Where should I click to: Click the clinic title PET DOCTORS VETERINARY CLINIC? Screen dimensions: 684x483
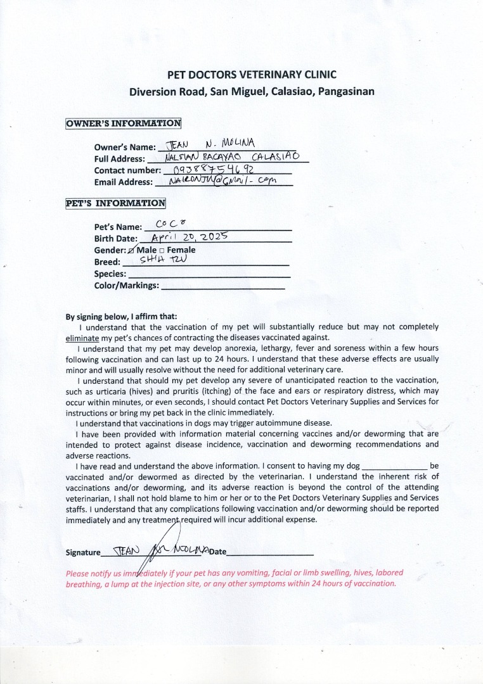pyautogui.click(x=252, y=75)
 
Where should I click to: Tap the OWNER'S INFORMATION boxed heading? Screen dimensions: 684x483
pyautogui.click(x=123, y=123)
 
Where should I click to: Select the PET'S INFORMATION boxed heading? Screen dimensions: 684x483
pyautogui.click(x=115, y=203)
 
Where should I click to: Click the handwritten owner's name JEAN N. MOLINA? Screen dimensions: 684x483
pyautogui.click(x=209, y=143)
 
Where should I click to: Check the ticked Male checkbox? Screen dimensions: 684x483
pyautogui.click(x=132, y=250)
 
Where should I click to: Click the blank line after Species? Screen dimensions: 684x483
pyautogui.click(x=209, y=276)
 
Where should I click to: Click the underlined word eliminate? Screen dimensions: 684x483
pyautogui.click(x=83, y=338)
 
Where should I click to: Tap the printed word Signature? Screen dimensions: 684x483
pyautogui.click(x=83, y=552)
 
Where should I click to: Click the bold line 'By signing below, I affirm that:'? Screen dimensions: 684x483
pyautogui.click(x=122, y=317)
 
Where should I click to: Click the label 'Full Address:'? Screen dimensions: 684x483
pyautogui.click(x=120, y=159)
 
